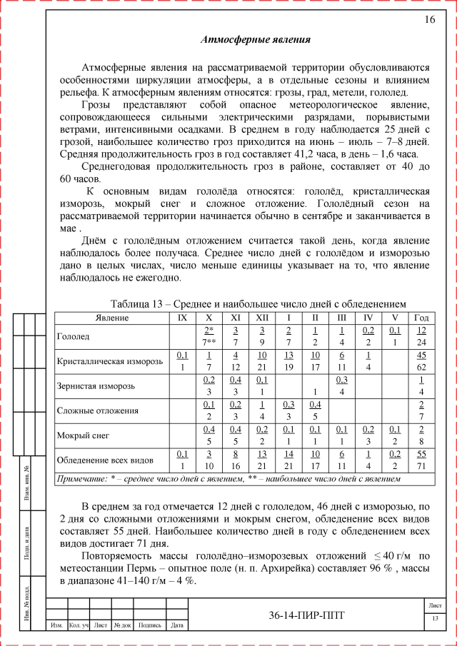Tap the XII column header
262,317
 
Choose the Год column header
421,317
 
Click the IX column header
182,317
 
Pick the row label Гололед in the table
73,335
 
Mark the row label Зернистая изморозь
94,386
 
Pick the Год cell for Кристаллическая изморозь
421,361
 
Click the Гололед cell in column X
209,335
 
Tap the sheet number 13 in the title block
434,618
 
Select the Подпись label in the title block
149,626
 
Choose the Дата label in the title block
178,626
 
